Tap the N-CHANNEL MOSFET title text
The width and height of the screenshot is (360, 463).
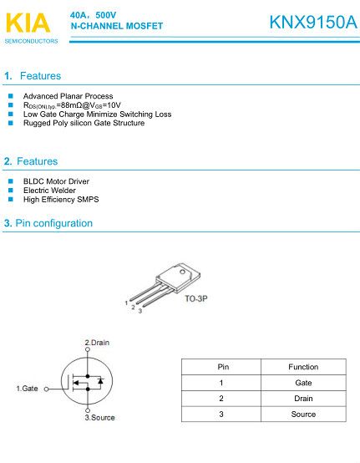[x=117, y=27]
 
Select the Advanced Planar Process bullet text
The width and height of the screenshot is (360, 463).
[x=68, y=96]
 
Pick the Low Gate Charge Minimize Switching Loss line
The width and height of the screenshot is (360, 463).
[x=97, y=114]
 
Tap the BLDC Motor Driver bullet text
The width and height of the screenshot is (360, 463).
[x=56, y=181]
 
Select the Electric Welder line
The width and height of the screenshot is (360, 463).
[x=51, y=191]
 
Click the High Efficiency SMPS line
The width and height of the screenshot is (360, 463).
[x=61, y=199]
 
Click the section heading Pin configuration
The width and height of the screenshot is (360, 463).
[x=54, y=224]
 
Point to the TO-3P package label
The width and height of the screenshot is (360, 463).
[x=195, y=298]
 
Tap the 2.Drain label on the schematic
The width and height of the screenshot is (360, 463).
[x=97, y=343]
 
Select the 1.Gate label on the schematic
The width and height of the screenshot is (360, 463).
[x=28, y=389]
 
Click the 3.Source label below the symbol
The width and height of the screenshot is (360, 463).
[x=99, y=417]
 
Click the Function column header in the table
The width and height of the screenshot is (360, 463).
[x=303, y=367]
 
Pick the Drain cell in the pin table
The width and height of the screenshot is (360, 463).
[x=303, y=399]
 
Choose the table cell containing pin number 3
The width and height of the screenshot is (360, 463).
[x=221, y=415]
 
